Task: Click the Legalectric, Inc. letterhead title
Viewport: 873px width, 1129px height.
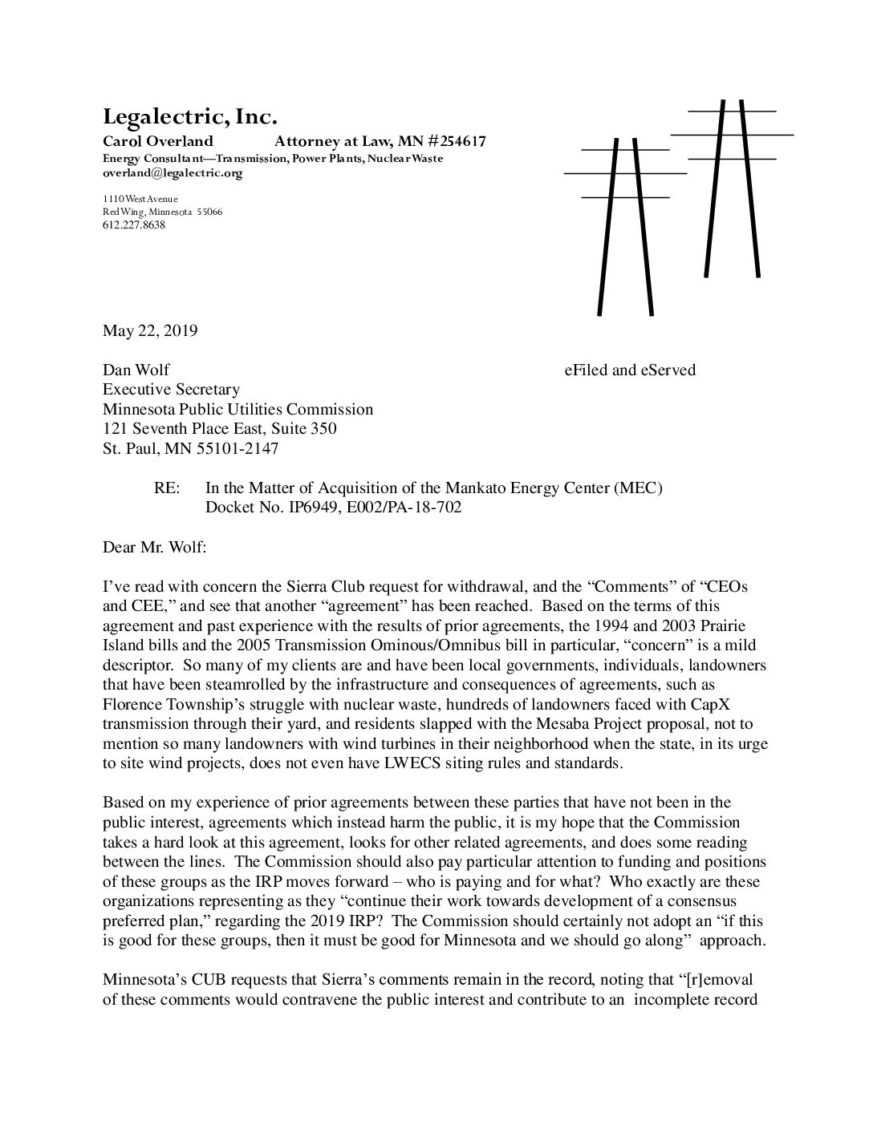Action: click(x=189, y=118)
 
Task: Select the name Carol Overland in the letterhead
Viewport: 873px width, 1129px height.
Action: click(x=158, y=142)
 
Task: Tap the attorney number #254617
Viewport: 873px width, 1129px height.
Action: click(x=450, y=142)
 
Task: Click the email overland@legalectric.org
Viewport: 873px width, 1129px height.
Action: click(x=173, y=172)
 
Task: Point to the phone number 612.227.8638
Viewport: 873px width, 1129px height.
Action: click(x=134, y=225)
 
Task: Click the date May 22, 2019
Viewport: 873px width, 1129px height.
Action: click(x=150, y=330)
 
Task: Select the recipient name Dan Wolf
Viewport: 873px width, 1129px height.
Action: click(x=136, y=370)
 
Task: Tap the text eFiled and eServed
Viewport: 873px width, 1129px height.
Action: click(x=630, y=370)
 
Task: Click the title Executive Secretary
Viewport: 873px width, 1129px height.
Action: click(x=171, y=390)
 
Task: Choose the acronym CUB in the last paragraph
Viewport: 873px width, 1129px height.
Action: click(x=193, y=980)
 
